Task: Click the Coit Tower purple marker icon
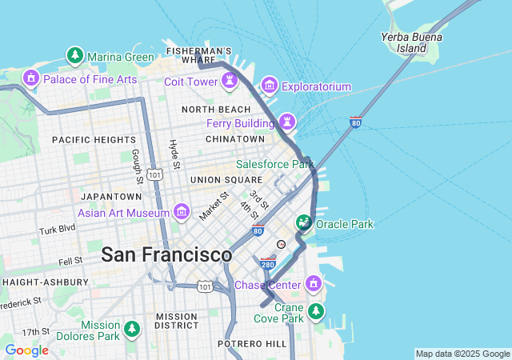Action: click(x=230, y=82)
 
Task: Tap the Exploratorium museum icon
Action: click(x=269, y=86)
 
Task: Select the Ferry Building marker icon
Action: click(x=286, y=123)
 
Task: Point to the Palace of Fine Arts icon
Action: click(x=32, y=78)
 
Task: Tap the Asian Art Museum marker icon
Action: click(x=182, y=213)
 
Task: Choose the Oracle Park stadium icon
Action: click(x=304, y=223)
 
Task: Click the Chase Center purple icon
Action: click(x=314, y=284)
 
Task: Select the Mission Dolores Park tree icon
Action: click(x=131, y=329)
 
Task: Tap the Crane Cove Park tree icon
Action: click(x=317, y=310)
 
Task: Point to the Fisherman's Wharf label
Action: click(x=198, y=55)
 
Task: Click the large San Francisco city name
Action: click(x=166, y=254)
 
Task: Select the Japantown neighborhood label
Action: click(x=110, y=196)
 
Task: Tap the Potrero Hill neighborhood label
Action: click(x=251, y=343)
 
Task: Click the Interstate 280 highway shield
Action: click(x=268, y=262)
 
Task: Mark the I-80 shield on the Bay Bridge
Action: click(x=355, y=122)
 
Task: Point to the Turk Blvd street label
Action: click(x=57, y=230)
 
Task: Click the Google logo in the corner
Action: click(x=26, y=350)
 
